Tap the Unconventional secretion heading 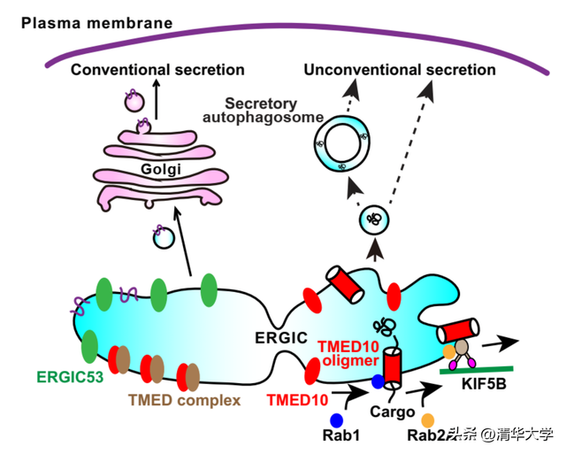tap(399, 69)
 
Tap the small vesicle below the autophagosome tap(375, 219)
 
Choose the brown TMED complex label tap(184, 400)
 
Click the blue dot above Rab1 tap(336, 418)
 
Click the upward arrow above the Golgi tap(156, 102)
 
